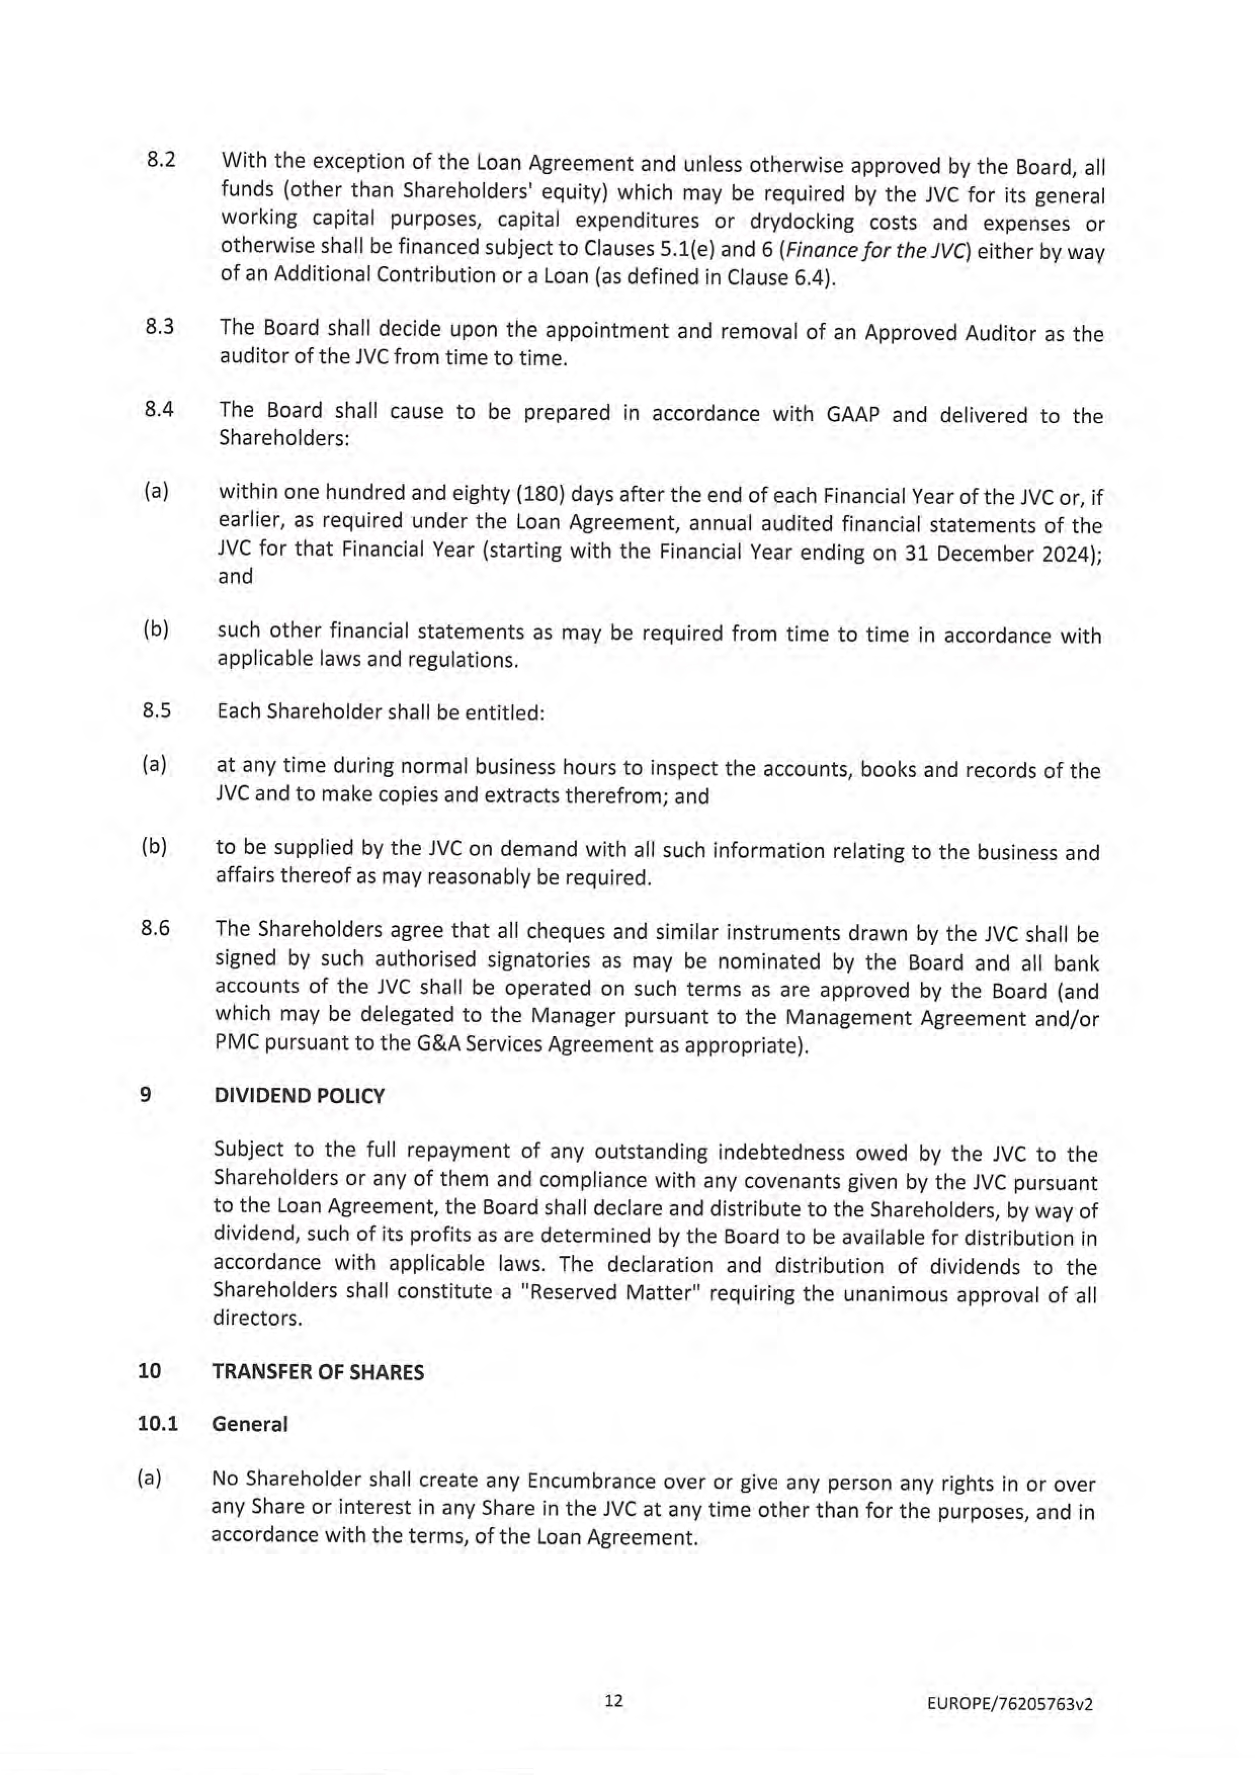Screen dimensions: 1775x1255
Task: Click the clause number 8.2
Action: [x=161, y=160]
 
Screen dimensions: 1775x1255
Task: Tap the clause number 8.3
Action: [x=159, y=326]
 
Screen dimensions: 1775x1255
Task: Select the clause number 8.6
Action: [x=155, y=927]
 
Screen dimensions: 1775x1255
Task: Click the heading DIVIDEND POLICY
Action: [x=299, y=1096]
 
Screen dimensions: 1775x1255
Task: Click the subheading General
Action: [x=249, y=1423]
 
